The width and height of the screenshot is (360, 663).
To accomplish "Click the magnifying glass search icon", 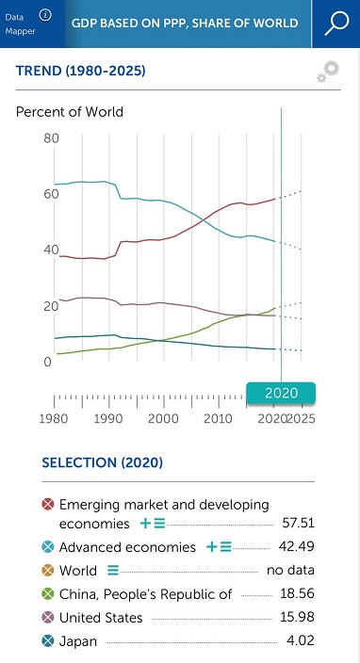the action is click(336, 24).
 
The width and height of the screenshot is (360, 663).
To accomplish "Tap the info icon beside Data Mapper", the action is click(45, 15).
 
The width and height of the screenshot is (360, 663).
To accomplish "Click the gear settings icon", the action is click(328, 72).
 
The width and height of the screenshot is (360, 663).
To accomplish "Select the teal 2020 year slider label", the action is click(282, 394).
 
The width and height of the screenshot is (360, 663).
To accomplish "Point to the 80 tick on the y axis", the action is click(51, 138).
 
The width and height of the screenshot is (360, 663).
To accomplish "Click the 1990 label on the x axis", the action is click(108, 418).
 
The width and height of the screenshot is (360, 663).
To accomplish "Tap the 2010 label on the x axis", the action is click(218, 418).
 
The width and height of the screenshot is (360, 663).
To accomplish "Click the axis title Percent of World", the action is click(70, 112).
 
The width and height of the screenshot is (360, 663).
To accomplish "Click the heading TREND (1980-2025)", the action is click(81, 71).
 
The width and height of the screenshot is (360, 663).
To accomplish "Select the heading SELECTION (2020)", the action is click(103, 462).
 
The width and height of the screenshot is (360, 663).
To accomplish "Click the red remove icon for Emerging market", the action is click(48, 505).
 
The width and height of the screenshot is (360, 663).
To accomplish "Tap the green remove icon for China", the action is click(48, 594).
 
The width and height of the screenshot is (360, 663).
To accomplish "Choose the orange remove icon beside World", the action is click(48, 571).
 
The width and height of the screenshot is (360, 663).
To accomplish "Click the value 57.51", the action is click(298, 523).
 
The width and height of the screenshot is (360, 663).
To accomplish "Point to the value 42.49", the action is click(297, 546).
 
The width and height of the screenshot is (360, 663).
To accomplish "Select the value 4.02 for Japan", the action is click(301, 640).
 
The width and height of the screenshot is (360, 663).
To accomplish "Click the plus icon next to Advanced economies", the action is click(211, 547).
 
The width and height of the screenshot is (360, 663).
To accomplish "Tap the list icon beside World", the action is click(113, 571).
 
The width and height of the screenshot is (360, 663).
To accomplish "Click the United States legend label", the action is click(101, 618).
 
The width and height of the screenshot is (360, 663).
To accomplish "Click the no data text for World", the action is click(290, 570).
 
